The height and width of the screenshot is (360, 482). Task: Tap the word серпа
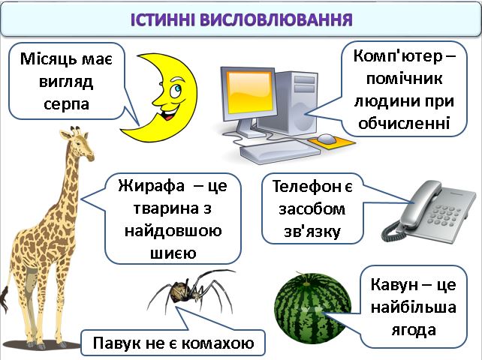[66, 103]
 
